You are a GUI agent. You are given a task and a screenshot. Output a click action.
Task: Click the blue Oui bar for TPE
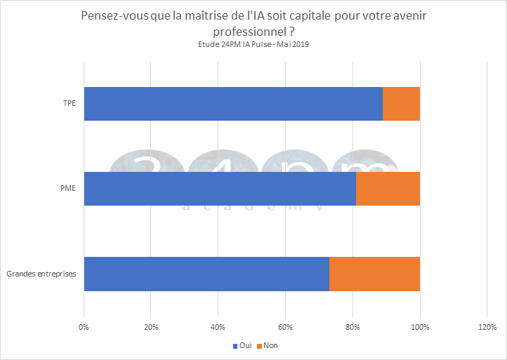pos(233,104)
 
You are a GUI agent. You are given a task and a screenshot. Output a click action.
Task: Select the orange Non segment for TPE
pos(402,104)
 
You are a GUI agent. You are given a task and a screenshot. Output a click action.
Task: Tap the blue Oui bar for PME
pos(220,189)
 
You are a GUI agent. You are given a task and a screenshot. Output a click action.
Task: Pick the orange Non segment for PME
pos(388,189)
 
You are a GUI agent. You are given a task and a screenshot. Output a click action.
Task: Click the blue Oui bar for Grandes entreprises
pos(206,274)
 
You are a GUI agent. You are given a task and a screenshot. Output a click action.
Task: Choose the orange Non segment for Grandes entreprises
pos(375,274)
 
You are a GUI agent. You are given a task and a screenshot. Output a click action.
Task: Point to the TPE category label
pos(69,104)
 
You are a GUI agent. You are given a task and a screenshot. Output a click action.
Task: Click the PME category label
pos(68,189)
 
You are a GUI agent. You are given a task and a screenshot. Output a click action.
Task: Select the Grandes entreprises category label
pos(41,274)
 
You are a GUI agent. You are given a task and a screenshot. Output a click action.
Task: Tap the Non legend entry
pos(268,345)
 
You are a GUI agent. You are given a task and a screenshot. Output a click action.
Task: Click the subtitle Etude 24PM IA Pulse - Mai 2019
pos(253,44)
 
